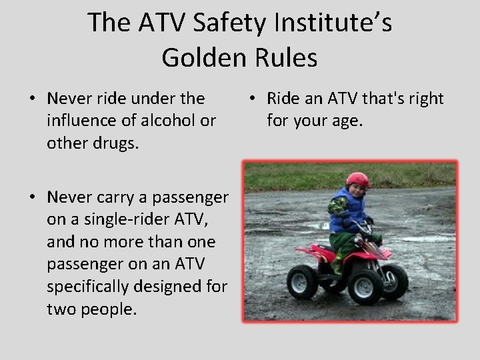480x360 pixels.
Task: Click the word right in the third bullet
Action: click(425, 99)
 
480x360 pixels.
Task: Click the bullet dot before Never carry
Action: click(32, 197)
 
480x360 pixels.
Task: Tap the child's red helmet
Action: click(357, 179)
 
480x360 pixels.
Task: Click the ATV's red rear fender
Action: click(322, 252)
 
